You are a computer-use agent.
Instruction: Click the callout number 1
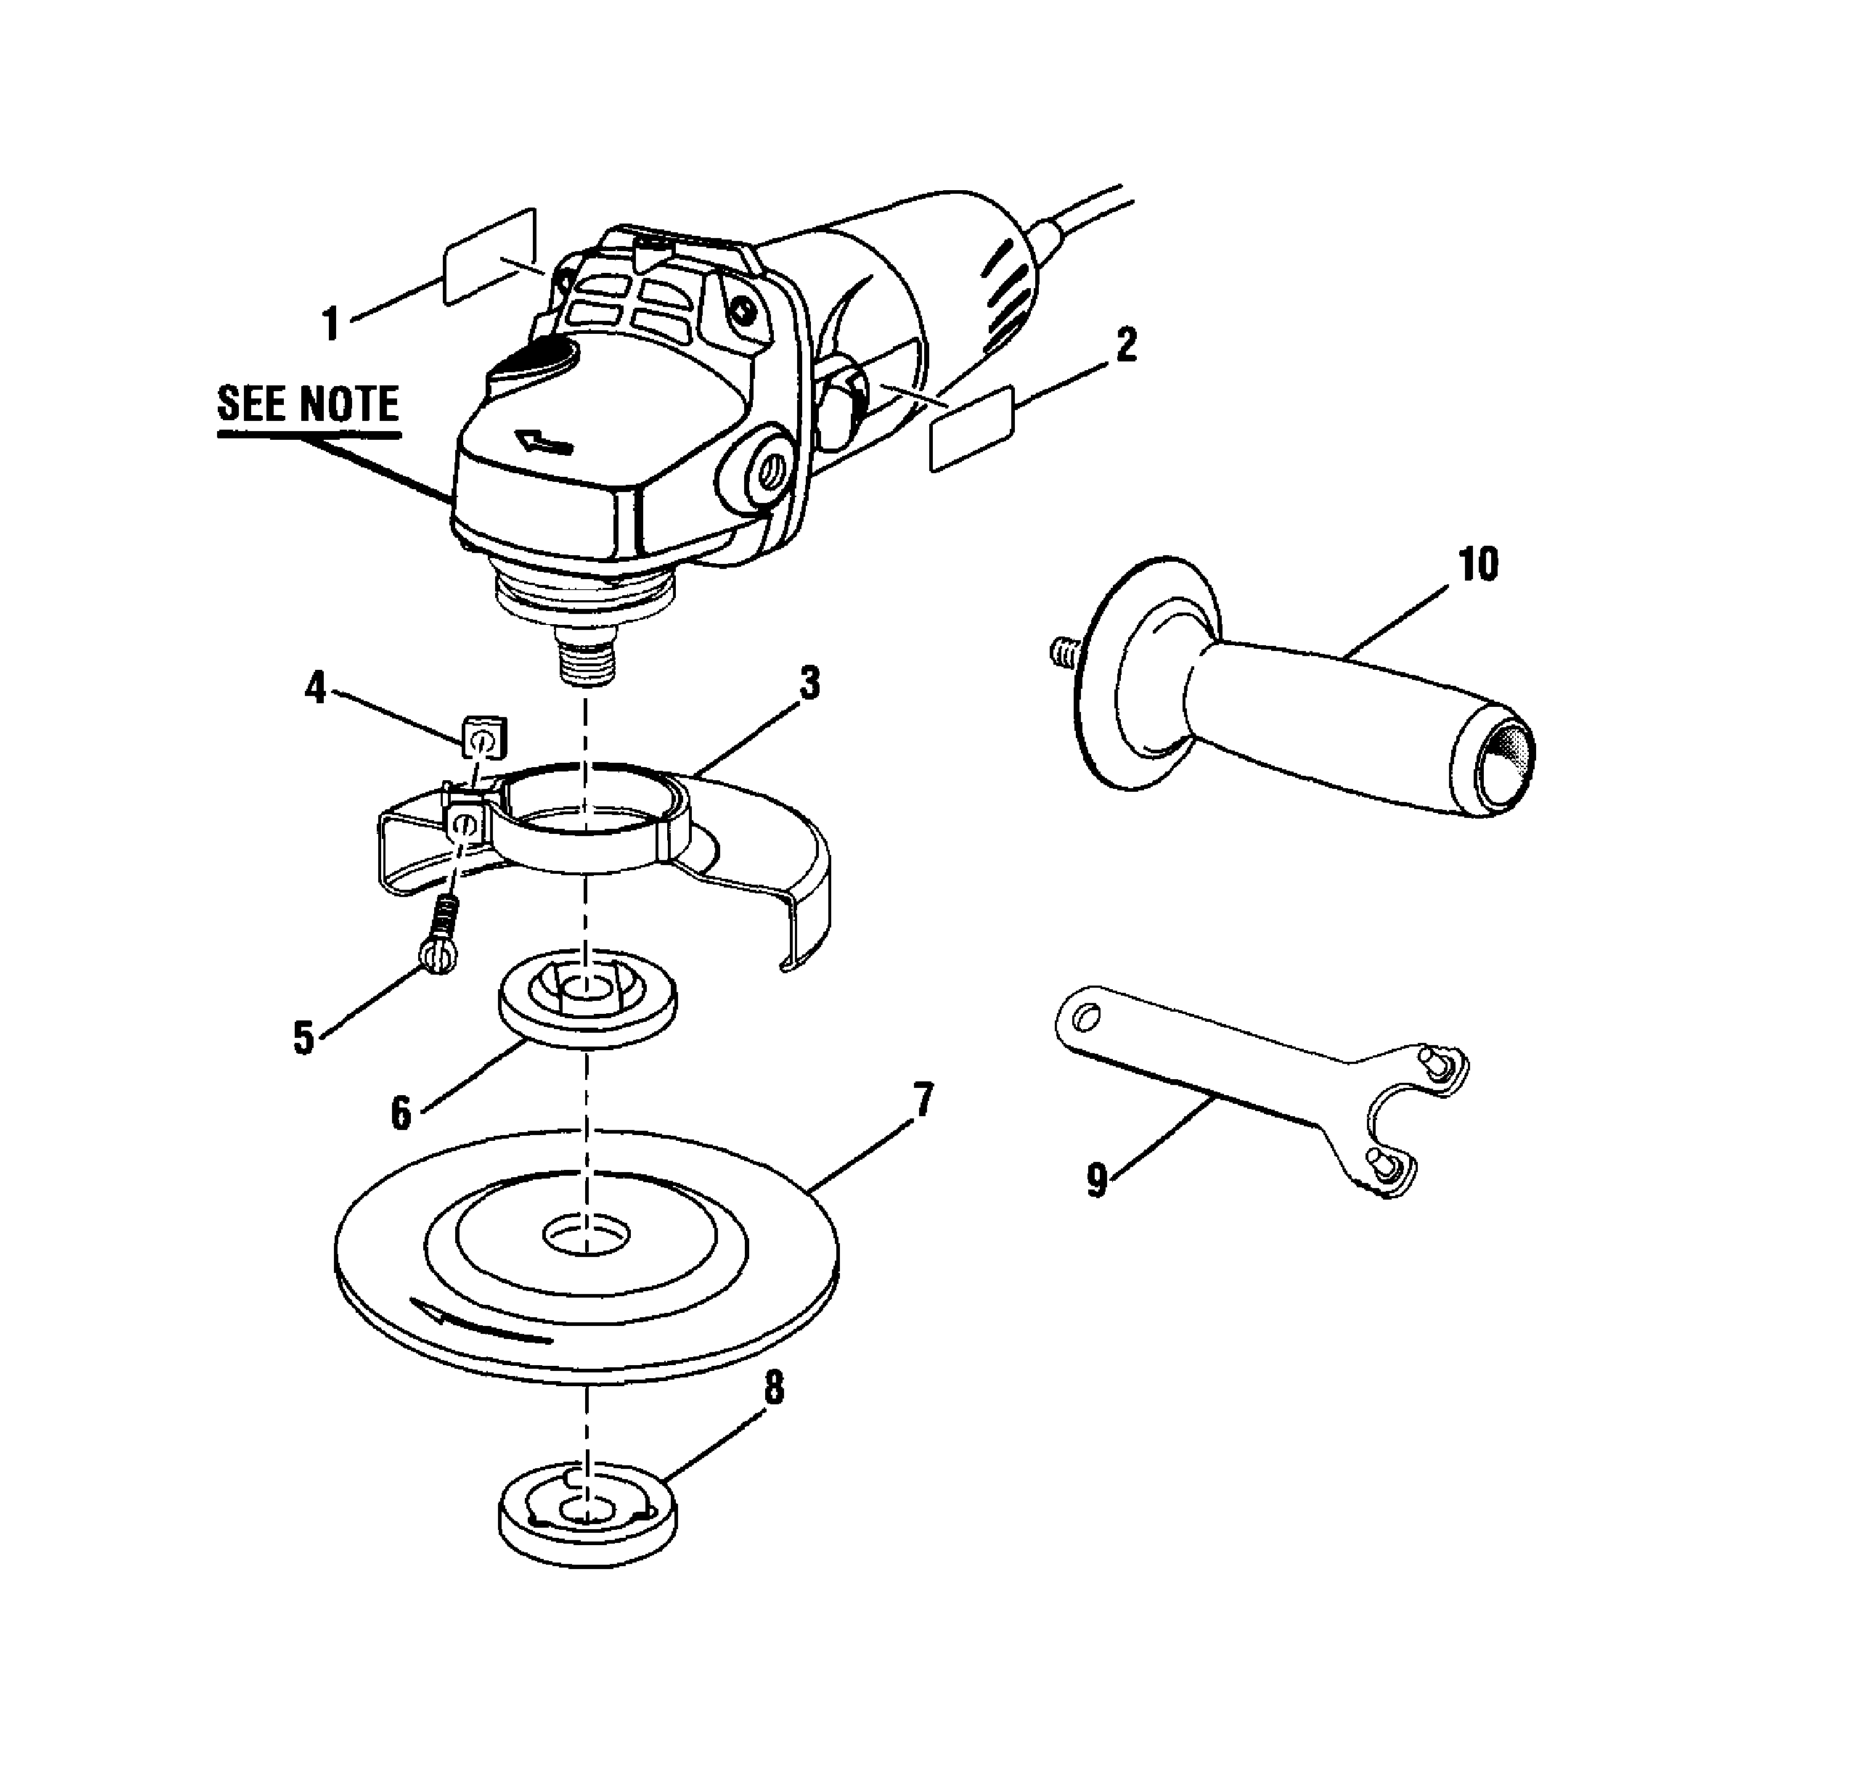330,324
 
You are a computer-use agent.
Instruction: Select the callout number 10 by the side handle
1478,565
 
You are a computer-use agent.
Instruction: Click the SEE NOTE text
309,404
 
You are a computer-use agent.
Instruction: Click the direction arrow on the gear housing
545,441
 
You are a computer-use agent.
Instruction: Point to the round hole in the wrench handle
1086,1017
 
